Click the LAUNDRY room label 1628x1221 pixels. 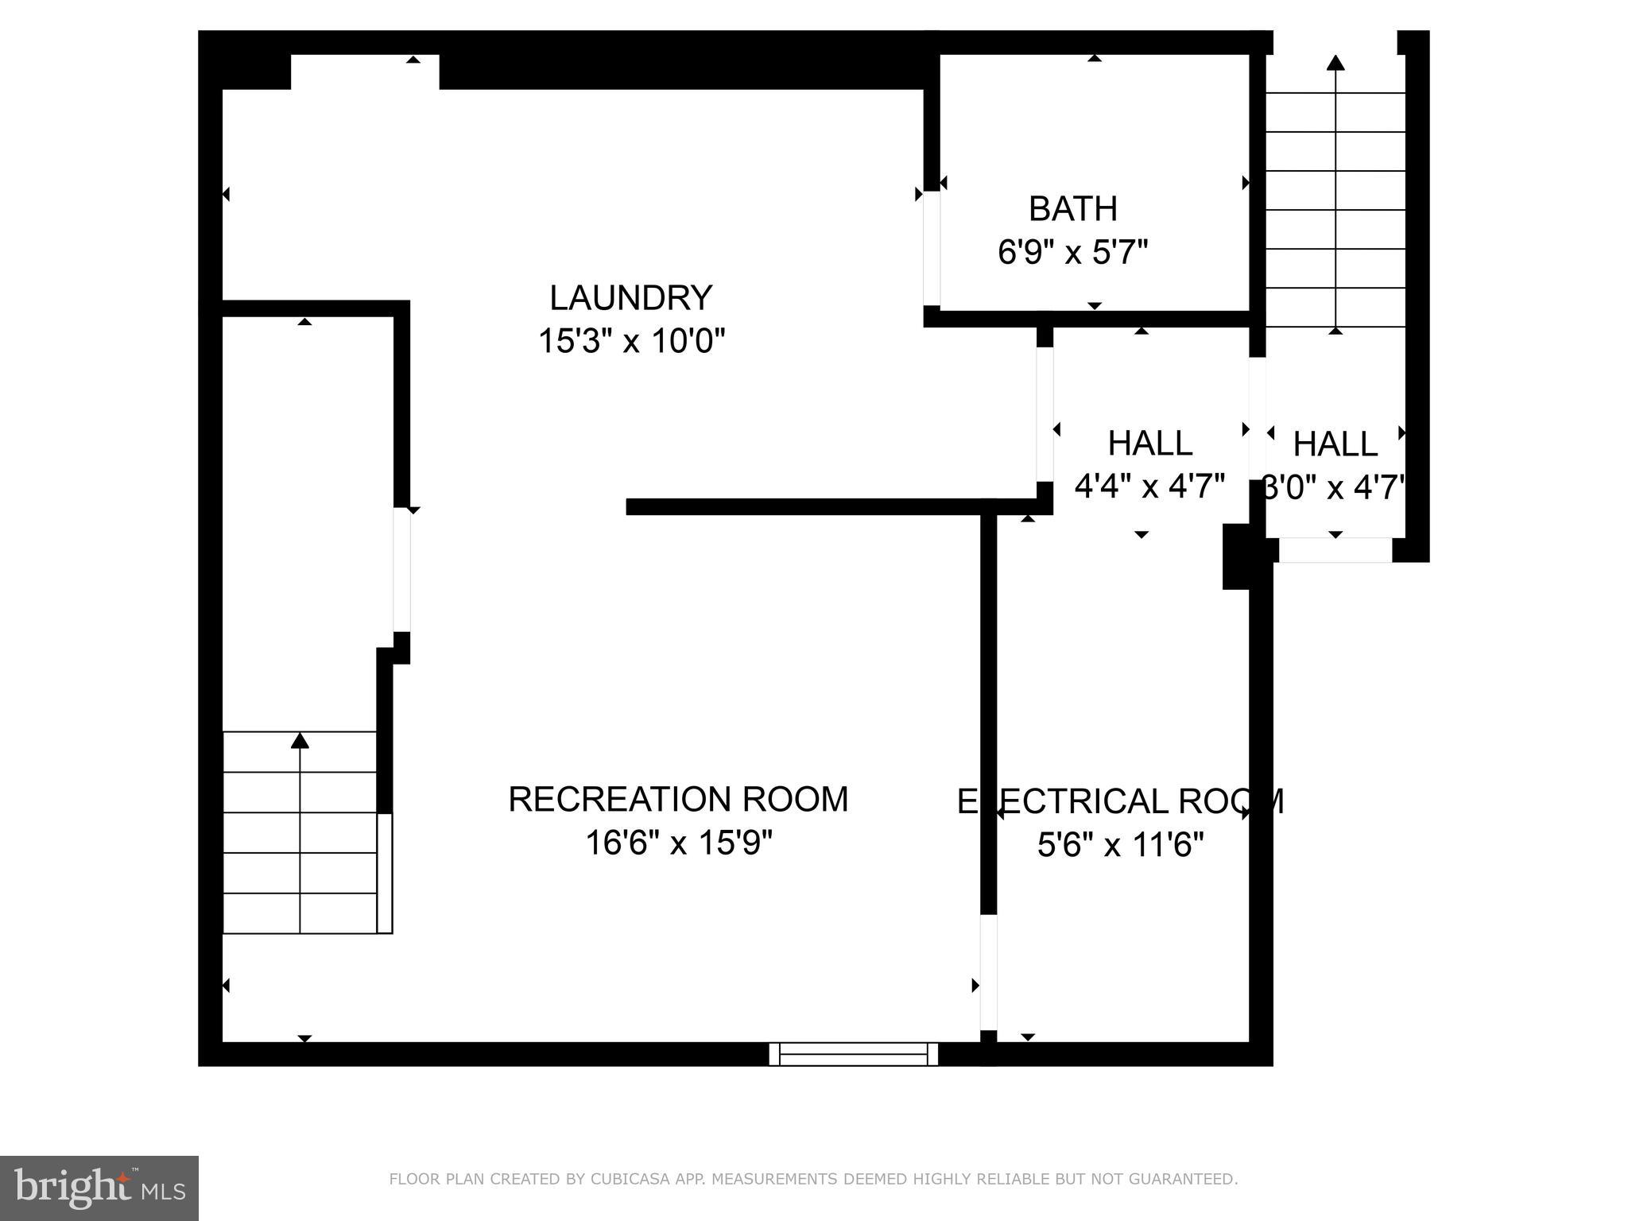[630, 298]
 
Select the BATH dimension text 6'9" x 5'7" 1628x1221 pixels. [1072, 253]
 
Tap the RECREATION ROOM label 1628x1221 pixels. [678, 799]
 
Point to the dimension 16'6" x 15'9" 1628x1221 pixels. [678, 843]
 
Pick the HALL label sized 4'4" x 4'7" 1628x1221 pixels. [1149, 444]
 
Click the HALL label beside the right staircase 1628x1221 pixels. [1335, 444]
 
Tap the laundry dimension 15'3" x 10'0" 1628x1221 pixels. [631, 342]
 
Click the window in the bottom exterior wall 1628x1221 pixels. [853, 1054]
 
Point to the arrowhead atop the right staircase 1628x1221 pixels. [1335, 63]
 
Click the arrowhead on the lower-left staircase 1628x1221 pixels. [300, 741]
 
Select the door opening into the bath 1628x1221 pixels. [931, 249]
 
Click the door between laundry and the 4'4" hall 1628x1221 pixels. [1045, 414]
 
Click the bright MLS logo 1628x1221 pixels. [99, 1188]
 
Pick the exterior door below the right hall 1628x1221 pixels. [1335, 550]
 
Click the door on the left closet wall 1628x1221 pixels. [401, 569]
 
